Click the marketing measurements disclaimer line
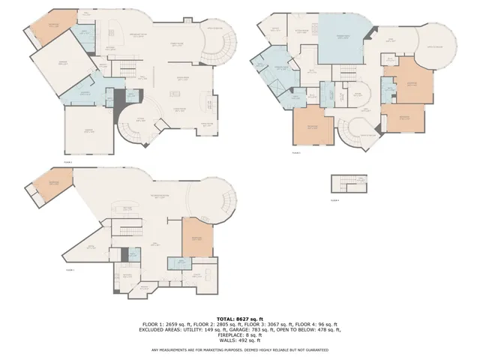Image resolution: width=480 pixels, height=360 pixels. point(239,349)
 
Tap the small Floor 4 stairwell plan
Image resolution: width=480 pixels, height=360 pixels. point(349,184)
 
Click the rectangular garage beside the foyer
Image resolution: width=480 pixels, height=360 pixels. point(88,132)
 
